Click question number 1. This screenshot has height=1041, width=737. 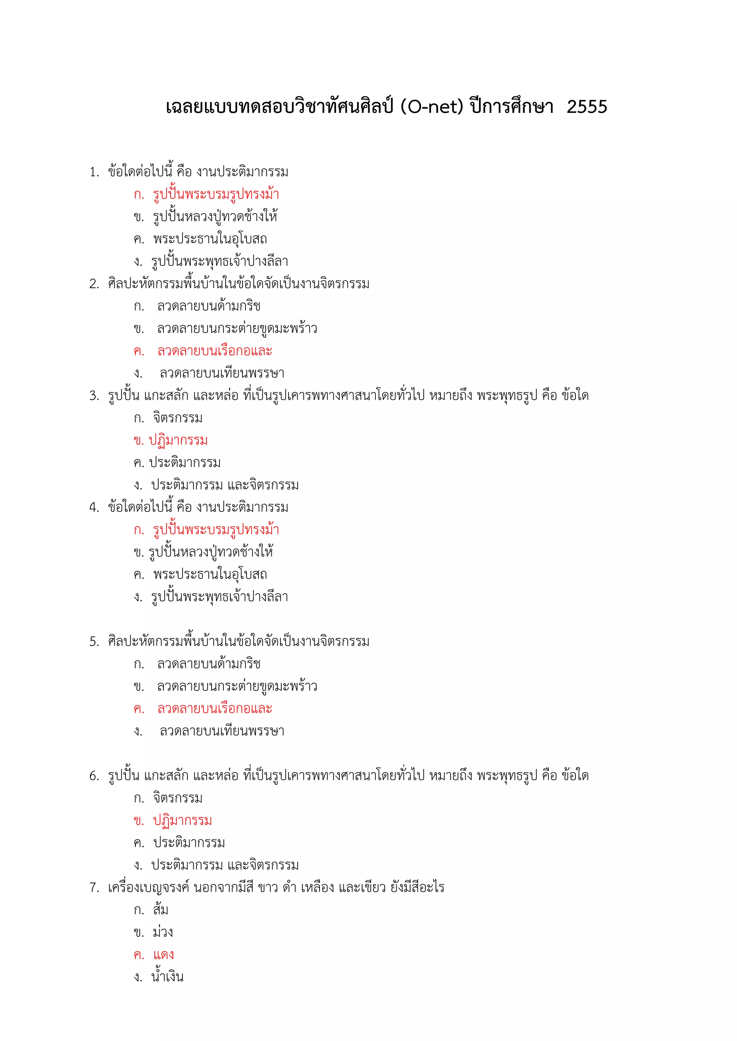click(94, 172)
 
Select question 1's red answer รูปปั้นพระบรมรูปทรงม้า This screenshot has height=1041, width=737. click(216, 194)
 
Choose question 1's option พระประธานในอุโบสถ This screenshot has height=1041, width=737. click(210, 239)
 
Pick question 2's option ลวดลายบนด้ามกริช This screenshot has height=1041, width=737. click(209, 307)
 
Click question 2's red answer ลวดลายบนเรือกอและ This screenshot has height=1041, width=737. click(214, 351)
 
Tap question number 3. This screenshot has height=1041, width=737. click(94, 396)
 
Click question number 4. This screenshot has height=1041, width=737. click(94, 507)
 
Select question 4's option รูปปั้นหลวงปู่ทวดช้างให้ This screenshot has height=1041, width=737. click(211, 552)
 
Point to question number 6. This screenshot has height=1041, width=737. click(94, 776)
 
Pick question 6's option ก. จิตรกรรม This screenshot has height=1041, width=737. click(177, 798)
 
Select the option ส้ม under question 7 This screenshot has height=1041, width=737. click(160, 909)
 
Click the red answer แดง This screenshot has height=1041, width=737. click(163, 954)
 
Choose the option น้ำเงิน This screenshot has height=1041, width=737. click(167, 977)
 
